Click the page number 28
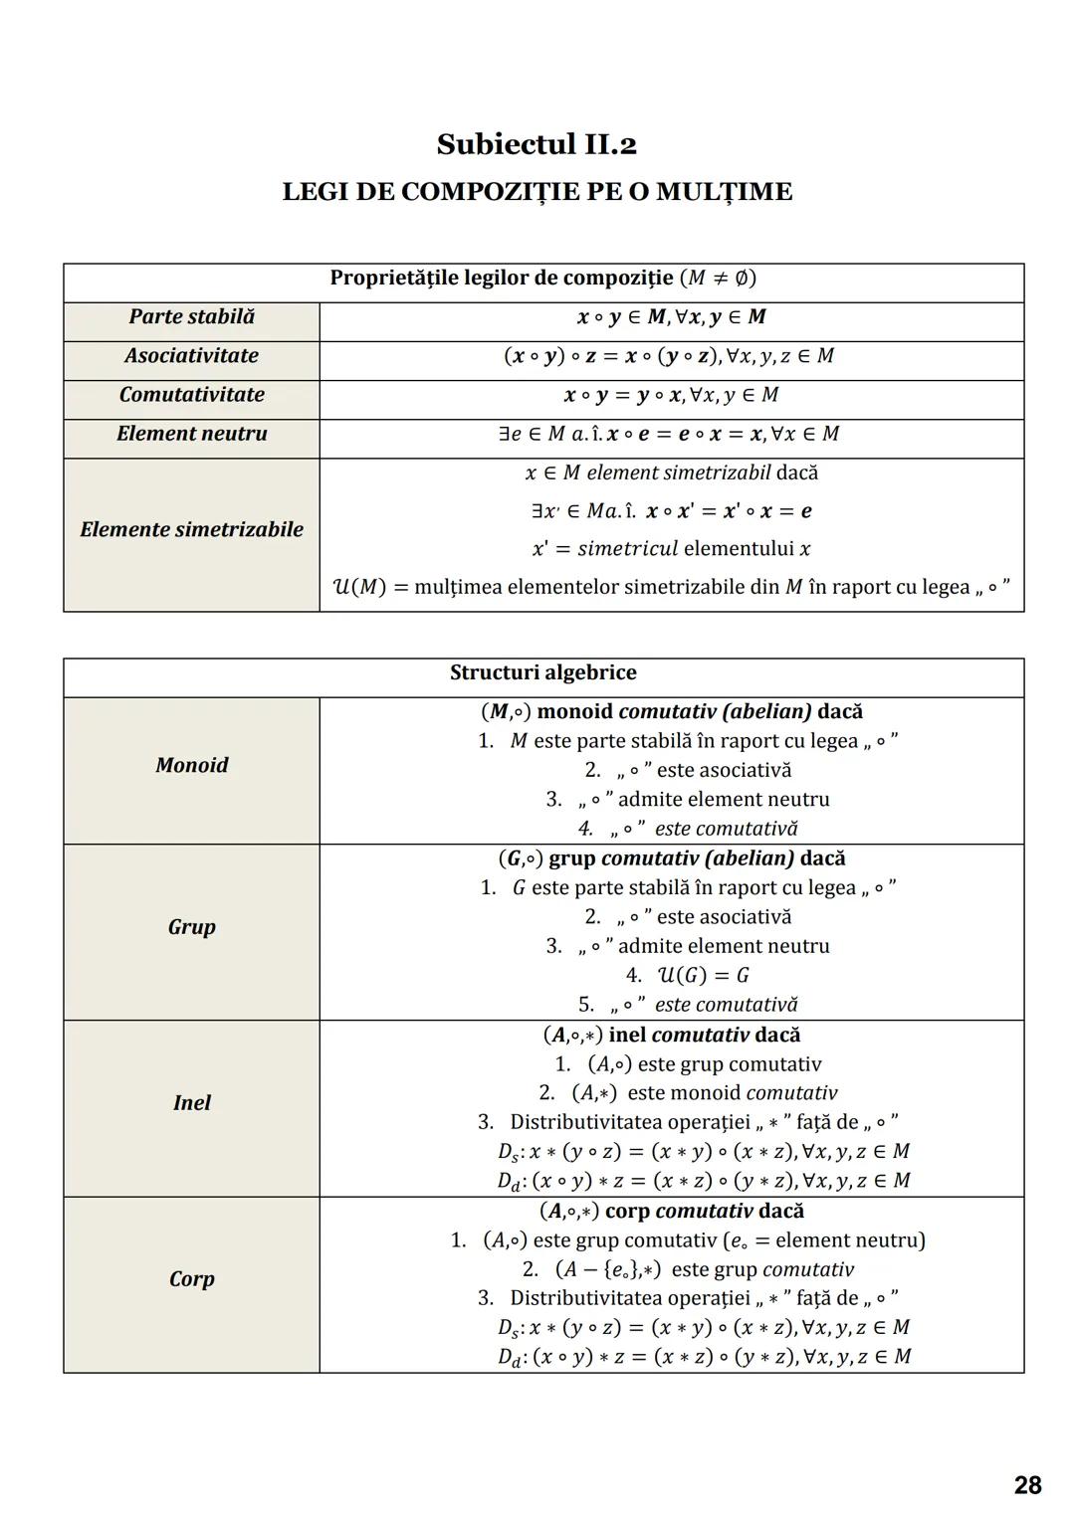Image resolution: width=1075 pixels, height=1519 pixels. [x=1027, y=1485]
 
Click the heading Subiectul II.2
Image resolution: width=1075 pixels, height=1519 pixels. [x=537, y=145]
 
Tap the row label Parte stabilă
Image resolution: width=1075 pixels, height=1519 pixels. [x=191, y=317]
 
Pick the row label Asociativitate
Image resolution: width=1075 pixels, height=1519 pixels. [x=191, y=356]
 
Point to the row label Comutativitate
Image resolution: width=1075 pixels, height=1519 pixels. [x=191, y=395]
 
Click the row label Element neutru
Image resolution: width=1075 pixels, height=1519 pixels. [x=191, y=434]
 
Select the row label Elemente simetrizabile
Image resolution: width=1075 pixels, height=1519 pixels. [x=191, y=529]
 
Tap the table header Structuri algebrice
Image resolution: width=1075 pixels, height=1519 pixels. [x=542, y=673]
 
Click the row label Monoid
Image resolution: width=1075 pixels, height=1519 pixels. [x=191, y=765]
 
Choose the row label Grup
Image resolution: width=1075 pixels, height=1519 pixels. [x=191, y=927]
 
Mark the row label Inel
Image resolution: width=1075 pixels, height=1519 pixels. [x=191, y=1103]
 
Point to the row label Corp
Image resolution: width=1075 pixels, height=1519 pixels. [x=191, y=1279]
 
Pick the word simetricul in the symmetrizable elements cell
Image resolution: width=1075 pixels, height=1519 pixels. [x=627, y=549]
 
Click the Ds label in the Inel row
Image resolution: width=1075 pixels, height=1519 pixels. [x=509, y=1153]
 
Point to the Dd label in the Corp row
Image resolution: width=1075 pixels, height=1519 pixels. [x=510, y=1358]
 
